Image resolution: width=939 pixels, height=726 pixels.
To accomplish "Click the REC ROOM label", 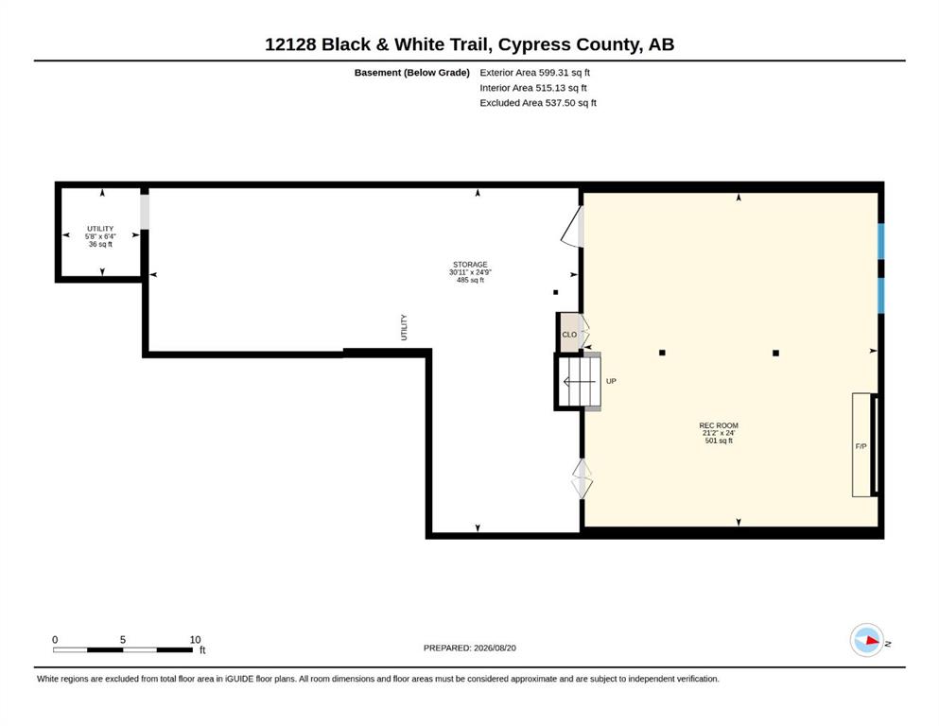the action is (x=719, y=425).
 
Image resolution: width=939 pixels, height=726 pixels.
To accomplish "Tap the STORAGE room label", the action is (x=470, y=265).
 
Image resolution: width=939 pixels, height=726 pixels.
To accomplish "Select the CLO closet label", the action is (x=569, y=335).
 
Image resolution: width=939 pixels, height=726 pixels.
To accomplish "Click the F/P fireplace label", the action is (x=861, y=446).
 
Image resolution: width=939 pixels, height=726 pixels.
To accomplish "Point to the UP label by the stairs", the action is (x=611, y=381).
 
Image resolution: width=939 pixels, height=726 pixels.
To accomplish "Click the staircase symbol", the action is (x=580, y=381).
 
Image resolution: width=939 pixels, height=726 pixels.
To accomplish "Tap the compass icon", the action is (x=867, y=640).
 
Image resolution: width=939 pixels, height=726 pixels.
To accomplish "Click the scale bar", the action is (x=123, y=650).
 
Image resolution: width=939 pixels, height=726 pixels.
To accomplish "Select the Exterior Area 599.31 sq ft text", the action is (x=535, y=73).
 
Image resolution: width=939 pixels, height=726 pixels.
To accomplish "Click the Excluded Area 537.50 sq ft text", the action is (x=538, y=103).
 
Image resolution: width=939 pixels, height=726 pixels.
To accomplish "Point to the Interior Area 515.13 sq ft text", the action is (x=533, y=88).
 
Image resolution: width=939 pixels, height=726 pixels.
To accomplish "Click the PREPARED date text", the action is (x=469, y=648).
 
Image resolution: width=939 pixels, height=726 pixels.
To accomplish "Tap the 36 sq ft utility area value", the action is (x=100, y=244).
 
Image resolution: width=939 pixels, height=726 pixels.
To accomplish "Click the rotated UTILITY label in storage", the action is (x=404, y=327).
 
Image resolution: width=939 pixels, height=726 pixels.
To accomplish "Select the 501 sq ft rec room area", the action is (x=719, y=441).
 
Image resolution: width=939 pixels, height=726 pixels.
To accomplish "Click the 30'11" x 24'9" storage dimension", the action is (x=470, y=272).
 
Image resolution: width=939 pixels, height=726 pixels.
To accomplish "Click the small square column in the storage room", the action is (x=556, y=293).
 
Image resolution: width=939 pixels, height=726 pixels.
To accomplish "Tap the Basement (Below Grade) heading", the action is (x=412, y=73).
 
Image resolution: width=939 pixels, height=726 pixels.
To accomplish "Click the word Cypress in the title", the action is (x=534, y=44).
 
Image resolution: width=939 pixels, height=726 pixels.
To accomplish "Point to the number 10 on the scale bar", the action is (x=195, y=640).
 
